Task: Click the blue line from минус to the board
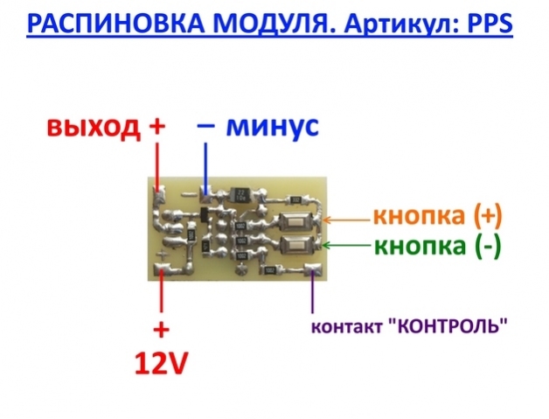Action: [x=205, y=165]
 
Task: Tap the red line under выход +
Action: [x=158, y=165]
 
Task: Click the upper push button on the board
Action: [x=296, y=219]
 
